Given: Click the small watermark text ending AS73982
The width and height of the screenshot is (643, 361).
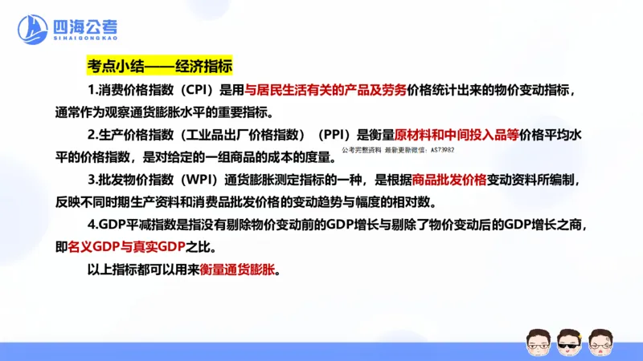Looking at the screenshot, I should coord(398,149).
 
